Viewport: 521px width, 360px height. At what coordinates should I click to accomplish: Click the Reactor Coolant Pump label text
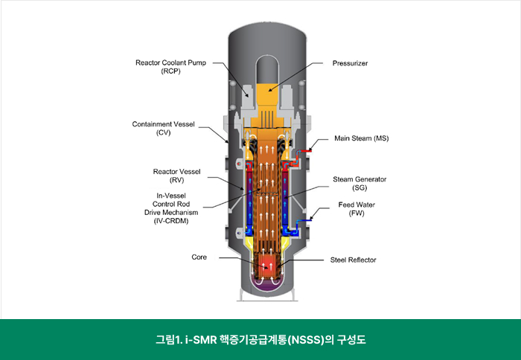point(170,62)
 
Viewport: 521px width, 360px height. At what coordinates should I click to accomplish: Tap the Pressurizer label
point(351,63)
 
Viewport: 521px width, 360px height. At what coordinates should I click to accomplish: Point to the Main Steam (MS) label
point(361,138)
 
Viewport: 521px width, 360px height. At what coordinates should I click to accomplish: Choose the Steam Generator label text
point(359,179)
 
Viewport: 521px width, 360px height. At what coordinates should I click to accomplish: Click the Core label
point(199,257)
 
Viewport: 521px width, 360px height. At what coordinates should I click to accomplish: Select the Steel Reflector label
point(354,260)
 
